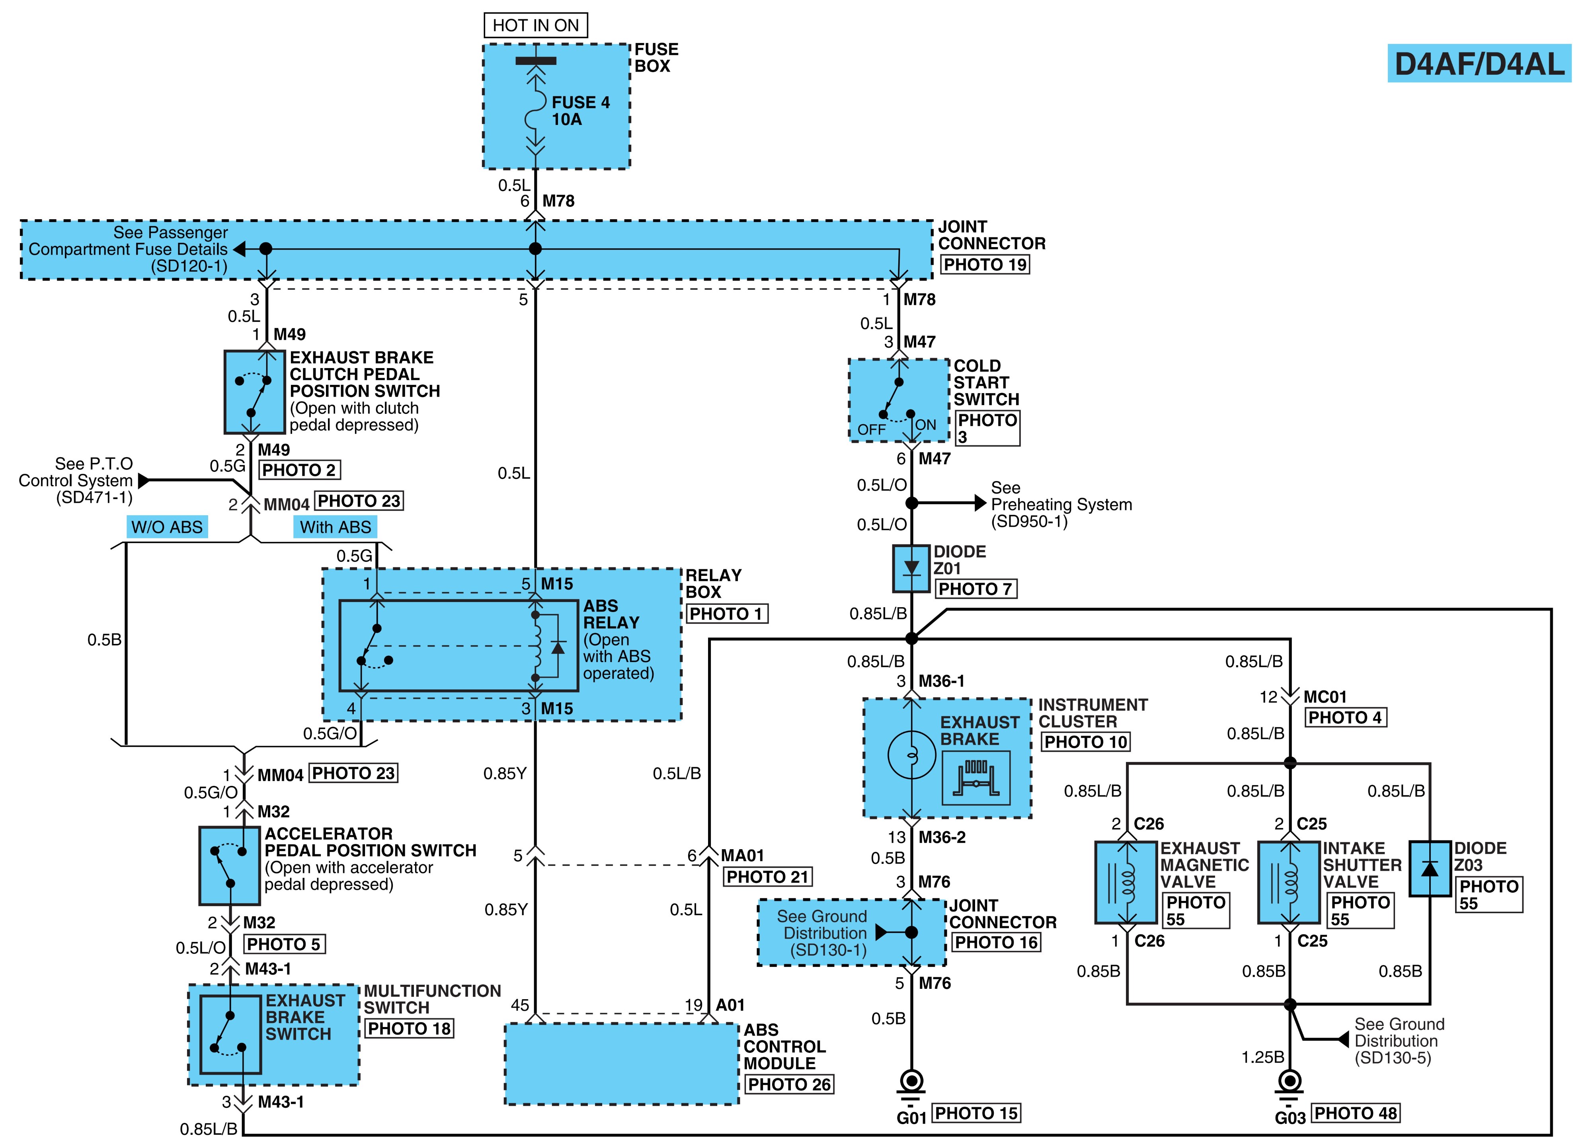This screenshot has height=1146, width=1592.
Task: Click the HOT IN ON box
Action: (536, 25)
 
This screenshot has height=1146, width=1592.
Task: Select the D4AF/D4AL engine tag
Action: (1479, 64)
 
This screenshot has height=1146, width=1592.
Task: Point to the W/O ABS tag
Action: (167, 527)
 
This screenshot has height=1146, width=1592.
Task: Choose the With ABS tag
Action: (336, 527)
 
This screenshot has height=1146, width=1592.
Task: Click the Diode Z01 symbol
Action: (911, 569)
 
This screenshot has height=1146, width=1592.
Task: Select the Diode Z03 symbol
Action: (1430, 869)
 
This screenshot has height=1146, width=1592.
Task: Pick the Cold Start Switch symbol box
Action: (899, 400)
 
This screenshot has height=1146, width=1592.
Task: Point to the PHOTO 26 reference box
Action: (789, 1084)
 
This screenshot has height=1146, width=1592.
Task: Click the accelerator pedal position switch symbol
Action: (230, 865)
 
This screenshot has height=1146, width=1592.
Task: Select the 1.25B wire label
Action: (1263, 1057)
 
